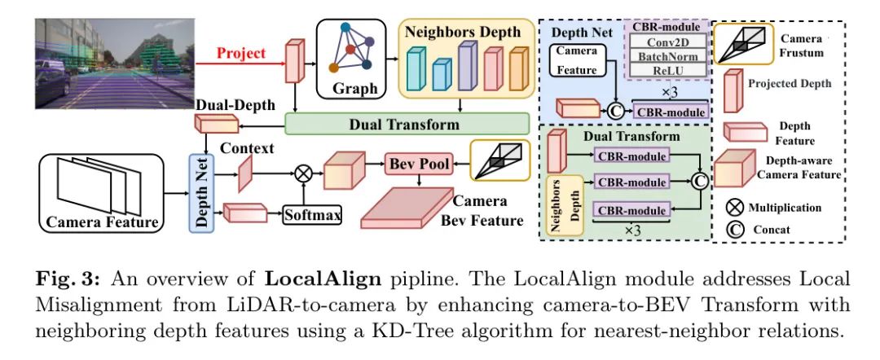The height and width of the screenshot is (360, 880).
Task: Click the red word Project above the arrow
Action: (x=241, y=53)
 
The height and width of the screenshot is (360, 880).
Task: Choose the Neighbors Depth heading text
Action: (x=462, y=33)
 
